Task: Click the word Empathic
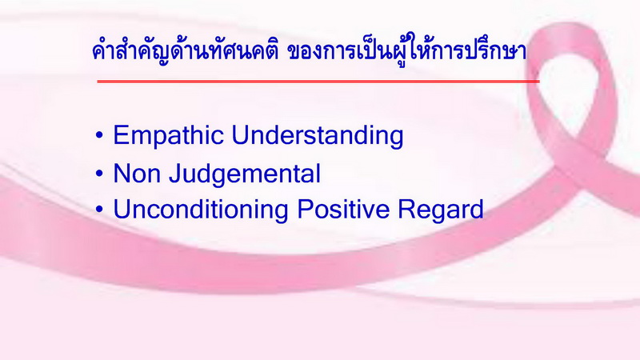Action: click(168, 136)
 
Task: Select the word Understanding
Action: click(318, 135)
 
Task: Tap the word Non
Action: click(137, 174)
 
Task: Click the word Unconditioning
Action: click(201, 210)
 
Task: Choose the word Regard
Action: click(441, 210)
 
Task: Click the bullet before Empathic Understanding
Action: click(99, 136)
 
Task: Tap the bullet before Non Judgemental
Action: click(99, 174)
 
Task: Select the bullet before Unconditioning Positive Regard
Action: click(99, 210)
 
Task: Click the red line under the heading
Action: click(318, 82)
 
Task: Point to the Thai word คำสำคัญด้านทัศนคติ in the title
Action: click(185, 51)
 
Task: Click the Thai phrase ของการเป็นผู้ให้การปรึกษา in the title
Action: click(407, 51)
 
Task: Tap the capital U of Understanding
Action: click(241, 135)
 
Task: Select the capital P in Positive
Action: click(306, 210)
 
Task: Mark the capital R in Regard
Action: click(407, 210)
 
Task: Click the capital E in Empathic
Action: click(122, 135)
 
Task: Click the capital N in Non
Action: click(122, 174)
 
